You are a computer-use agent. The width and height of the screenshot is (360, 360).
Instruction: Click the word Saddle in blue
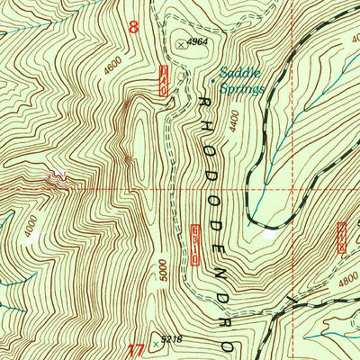(x=237, y=76)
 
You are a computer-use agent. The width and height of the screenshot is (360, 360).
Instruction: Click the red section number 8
(x=134, y=27)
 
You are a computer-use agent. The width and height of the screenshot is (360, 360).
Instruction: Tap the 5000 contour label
(x=162, y=270)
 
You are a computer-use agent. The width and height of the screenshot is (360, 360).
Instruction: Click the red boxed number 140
(x=164, y=81)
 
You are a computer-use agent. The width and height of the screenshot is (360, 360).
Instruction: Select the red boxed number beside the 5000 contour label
(x=193, y=244)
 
